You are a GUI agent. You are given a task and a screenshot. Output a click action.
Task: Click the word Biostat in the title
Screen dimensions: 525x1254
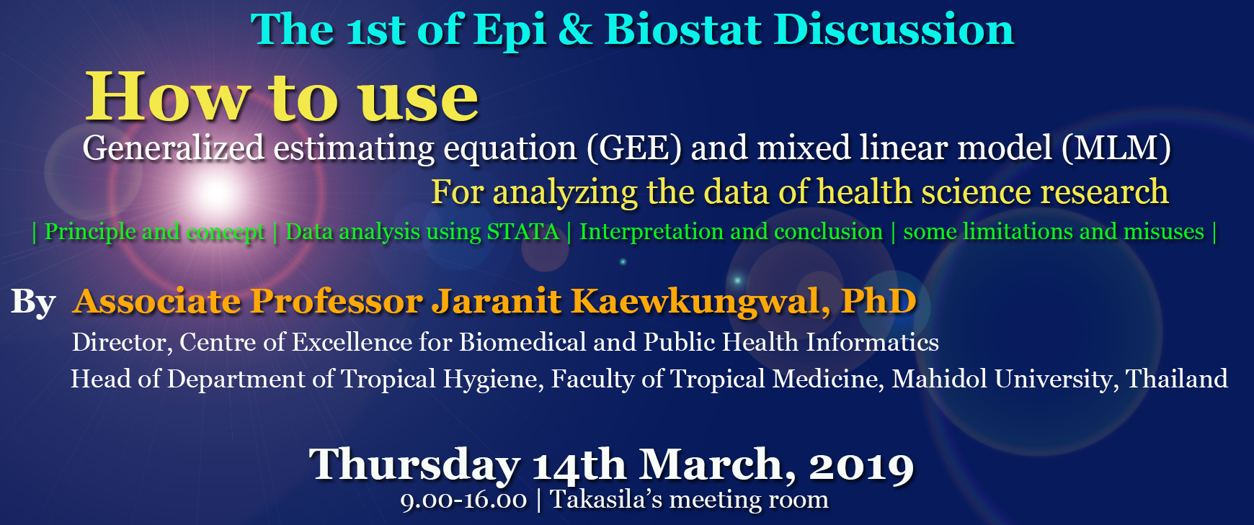(x=682, y=30)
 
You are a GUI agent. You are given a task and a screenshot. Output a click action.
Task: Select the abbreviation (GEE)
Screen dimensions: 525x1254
(x=633, y=148)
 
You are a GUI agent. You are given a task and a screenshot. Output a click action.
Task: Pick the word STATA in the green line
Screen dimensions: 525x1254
(x=522, y=231)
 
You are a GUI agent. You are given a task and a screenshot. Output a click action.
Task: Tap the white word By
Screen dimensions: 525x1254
(x=33, y=302)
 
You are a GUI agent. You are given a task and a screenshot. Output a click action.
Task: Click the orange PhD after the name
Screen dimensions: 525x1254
(x=879, y=300)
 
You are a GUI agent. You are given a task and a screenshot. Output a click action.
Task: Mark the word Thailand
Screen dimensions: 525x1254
(x=1176, y=379)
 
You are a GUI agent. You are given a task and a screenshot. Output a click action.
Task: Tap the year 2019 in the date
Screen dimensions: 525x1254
(x=861, y=466)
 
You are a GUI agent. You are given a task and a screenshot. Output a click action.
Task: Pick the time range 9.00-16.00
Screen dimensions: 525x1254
(x=463, y=500)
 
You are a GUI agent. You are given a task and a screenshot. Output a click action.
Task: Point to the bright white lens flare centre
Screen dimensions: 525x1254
(x=215, y=192)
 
